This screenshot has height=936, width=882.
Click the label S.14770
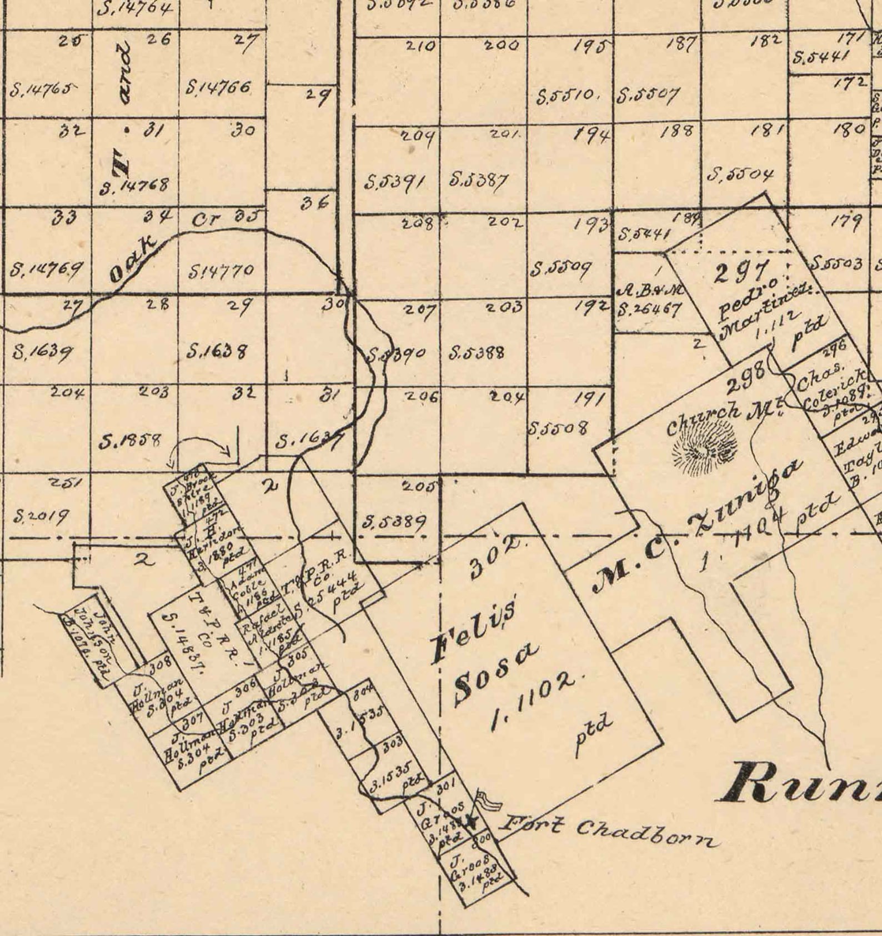221,271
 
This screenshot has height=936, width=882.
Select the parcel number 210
420,46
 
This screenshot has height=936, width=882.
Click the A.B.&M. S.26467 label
649,300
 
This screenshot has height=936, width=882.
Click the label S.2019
41,517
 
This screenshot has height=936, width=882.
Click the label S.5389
394,522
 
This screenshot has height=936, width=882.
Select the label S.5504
740,174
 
